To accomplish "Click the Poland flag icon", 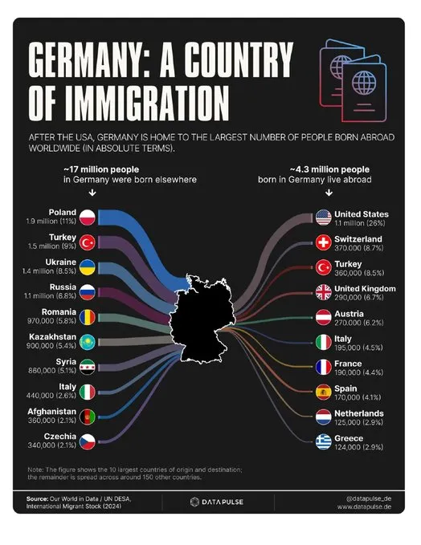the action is (x=87, y=218).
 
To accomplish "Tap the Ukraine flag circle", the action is (x=87, y=267).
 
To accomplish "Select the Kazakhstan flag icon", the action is (x=87, y=342).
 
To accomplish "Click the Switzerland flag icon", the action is (x=323, y=242).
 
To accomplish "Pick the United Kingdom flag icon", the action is (x=323, y=292).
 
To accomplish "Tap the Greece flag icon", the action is (x=323, y=441).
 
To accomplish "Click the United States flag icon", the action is (x=323, y=218).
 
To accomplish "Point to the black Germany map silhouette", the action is (x=202, y=319).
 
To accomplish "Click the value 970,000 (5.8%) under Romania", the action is (x=51, y=321).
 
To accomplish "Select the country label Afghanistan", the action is (x=52, y=412).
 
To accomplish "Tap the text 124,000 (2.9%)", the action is (x=358, y=447).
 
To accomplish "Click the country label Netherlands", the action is (x=359, y=413).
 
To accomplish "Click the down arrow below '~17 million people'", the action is (x=92, y=192).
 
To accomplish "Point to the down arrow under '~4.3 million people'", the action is (x=329, y=192).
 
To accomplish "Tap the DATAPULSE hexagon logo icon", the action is (x=194, y=502).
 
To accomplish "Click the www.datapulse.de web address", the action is (x=364, y=506).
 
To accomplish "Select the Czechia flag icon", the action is (x=87, y=441).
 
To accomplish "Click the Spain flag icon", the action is (x=323, y=392).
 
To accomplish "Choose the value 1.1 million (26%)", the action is (x=360, y=223).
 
